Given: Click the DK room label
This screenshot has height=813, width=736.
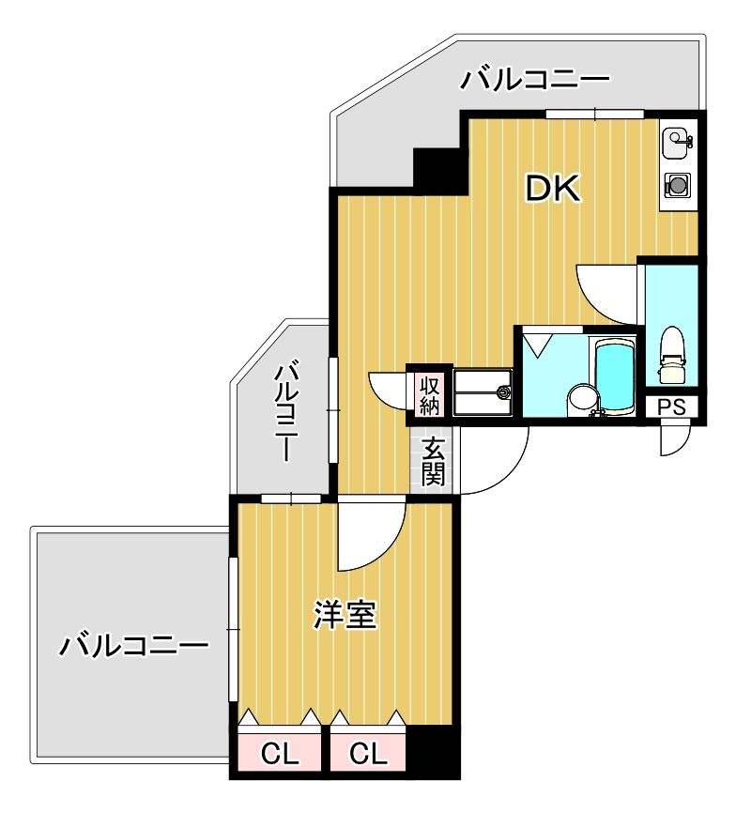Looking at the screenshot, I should (x=553, y=191).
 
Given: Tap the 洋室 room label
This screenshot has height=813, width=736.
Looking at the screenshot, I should (x=345, y=616).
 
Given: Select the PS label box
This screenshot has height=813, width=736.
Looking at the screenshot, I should (x=671, y=407).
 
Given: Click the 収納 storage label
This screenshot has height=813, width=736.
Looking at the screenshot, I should (x=429, y=394).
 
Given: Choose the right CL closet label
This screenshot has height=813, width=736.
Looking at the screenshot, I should (x=369, y=752).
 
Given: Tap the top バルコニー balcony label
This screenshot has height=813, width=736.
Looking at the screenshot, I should (x=534, y=79).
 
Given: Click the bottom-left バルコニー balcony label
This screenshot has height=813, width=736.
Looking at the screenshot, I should (x=133, y=646).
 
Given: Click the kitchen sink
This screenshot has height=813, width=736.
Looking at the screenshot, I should (x=676, y=144).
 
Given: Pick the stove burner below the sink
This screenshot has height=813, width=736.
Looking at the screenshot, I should (x=677, y=184).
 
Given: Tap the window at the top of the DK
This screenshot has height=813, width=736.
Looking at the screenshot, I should (x=595, y=115).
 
